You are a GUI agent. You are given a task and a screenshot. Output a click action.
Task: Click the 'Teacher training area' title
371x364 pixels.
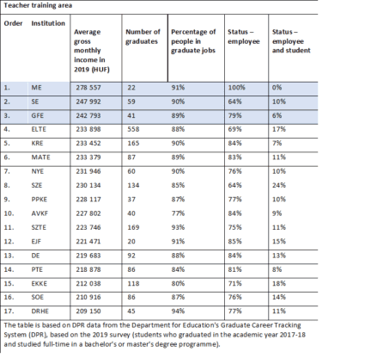(x=38, y=5)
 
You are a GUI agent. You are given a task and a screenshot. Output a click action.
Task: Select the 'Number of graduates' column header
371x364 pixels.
(x=143, y=36)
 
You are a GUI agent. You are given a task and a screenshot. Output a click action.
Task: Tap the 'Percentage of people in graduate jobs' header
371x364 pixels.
(x=193, y=41)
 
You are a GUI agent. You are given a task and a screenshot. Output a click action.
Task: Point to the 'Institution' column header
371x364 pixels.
(x=48, y=23)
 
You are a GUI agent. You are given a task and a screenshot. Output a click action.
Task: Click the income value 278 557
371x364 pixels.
(x=88, y=88)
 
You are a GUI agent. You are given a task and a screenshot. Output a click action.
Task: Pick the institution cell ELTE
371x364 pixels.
(x=39, y=129)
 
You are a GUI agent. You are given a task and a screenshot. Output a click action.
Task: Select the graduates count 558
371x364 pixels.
(x=133, y=129)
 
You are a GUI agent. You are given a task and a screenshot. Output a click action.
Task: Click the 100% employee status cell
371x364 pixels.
(x=236, y=88)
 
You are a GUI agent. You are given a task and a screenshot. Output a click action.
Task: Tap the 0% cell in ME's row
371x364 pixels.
(x=277, y=88)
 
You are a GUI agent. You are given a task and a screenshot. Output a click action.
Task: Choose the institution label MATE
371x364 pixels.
(x=40, y=157)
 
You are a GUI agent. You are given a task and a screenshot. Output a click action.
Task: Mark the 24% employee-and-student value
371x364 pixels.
(x=279, y=185)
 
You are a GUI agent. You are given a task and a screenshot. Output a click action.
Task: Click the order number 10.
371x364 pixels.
(x=9, y=213)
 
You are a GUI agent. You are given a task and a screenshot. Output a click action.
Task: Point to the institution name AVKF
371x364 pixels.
(x=40, y=213)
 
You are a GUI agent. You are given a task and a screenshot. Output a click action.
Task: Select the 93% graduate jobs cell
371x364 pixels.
(x=178, y=227)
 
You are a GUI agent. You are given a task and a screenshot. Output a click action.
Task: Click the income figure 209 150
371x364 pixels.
(x=88, y=312)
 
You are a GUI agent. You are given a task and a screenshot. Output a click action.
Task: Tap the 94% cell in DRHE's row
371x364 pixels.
(x=178, y=312)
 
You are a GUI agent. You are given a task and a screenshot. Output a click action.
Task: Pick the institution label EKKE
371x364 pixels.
(x=40, y=284)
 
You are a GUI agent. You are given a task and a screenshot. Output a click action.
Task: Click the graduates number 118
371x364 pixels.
(x=133, y=284)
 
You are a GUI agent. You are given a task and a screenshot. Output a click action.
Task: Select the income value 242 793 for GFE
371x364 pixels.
(x=88, y=115)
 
